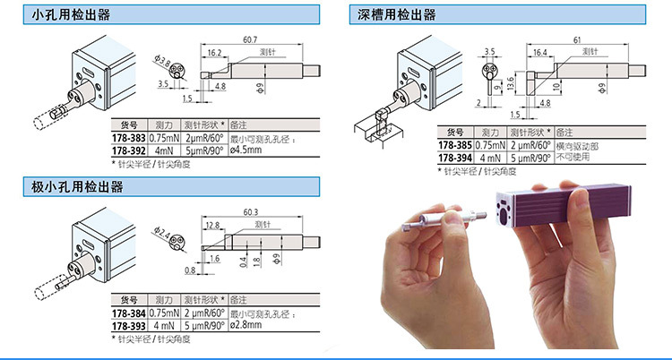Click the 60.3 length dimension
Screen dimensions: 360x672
pyautogui.click(x=250, y=212)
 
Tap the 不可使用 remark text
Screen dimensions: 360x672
pyautogui.click(x=574, y=156)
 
